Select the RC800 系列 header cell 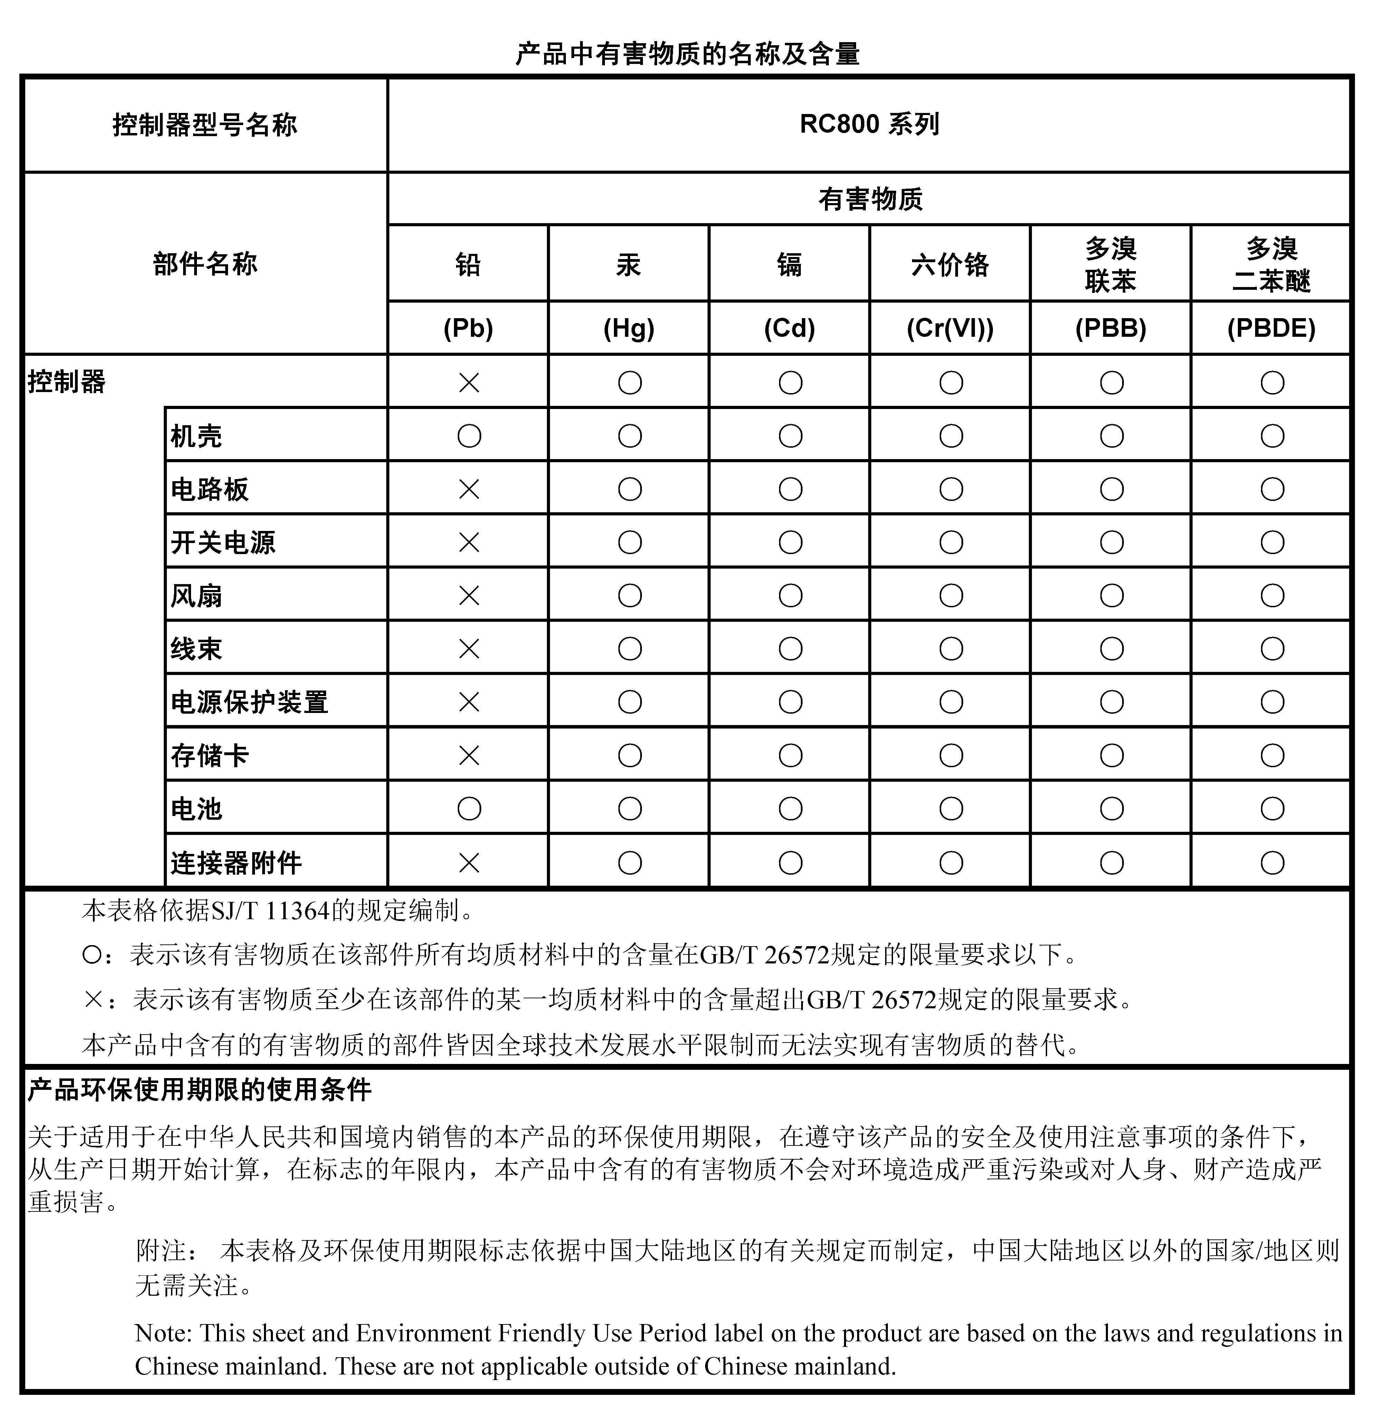pyautogui.click(x=869, y=124)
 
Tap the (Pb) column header pyautogui.click(x=468, y=329)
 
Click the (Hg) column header pyautogui.click(x=629, y=329)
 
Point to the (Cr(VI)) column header pyautogui.click(x=950, y=329)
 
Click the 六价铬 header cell pyautogui.click(x=950, y=265)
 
